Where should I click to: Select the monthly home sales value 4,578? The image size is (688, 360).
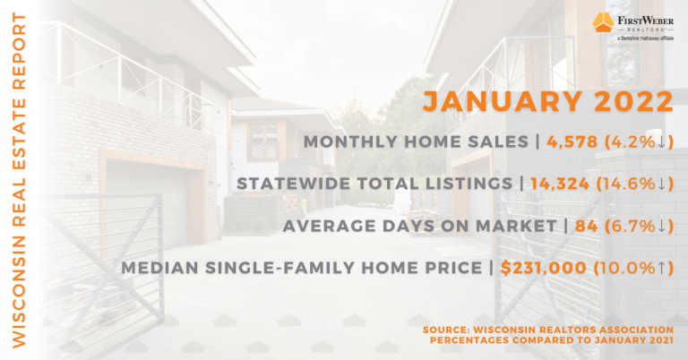[x=572, y=141]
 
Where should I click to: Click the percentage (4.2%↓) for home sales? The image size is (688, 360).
[x=639, y=141]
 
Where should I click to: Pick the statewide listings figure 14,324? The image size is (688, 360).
[x=560, y=184]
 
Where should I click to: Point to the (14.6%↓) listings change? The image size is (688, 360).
[x=635, y=184]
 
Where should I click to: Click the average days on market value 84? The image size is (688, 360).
[x=586, y=226]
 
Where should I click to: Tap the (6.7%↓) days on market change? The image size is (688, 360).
[x=639, y=226]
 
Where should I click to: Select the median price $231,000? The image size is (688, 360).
[x=543, y=268]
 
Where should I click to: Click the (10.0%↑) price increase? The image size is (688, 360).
[x=633, y=268]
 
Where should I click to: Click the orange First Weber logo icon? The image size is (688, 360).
[x=603, y=21]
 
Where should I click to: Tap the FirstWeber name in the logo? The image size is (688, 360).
[x=645, y=21]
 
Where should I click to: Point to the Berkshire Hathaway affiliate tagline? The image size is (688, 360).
[x=645, y=39]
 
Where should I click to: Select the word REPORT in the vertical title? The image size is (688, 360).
[x=19, y=51]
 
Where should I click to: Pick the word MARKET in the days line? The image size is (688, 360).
[x=516, y=226]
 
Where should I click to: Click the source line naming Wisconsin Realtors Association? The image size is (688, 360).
[x=548, y=330]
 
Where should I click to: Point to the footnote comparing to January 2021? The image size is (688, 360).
[x=552, y=340]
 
